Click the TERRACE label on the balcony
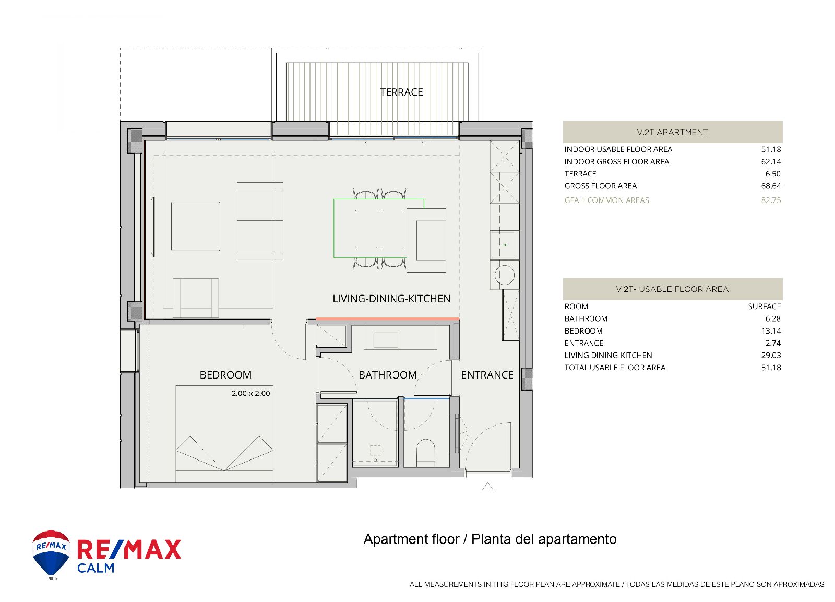401,92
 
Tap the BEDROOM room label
225,375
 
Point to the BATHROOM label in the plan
388,375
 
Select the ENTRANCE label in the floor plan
487,375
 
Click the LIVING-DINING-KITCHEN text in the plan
391,298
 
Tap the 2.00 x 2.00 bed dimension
250,393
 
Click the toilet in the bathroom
425,451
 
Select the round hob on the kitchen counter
504,275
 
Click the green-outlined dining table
379,228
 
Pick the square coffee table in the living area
196,226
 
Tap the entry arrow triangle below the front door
488,487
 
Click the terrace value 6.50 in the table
773,174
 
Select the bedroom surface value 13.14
771,331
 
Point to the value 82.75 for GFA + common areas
771,200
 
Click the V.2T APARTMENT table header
673,132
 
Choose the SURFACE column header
764,306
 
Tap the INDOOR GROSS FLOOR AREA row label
616,162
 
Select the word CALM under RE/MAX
96,568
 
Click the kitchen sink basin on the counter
503,245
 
